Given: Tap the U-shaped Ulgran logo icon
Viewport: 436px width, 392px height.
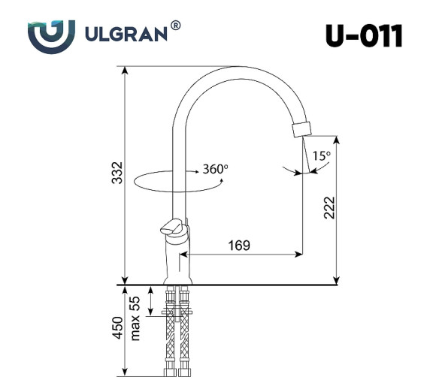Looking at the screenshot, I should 51,35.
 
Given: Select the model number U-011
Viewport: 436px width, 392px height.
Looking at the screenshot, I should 363,35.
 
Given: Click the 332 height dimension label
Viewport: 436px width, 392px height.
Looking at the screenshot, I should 115,173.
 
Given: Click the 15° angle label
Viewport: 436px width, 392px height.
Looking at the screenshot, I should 321,155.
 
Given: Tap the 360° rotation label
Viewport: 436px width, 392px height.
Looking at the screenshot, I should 215,169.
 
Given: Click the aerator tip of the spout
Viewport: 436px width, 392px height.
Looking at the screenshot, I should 300,128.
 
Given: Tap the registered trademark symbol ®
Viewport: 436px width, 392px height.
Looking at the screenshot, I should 175,26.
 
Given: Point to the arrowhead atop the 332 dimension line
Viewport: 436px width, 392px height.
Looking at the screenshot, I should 125,70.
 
